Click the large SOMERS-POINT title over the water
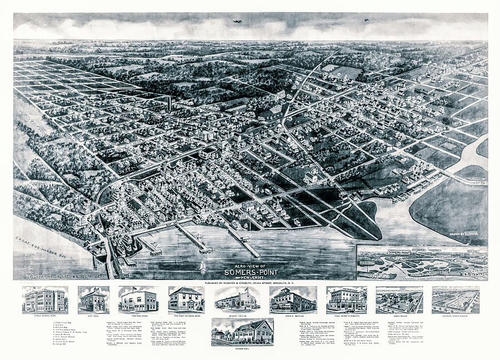pyautogui.click(x=248, y=272)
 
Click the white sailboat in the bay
pyautogui.click(x=203, y=267)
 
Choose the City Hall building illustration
pyautogui.click(x=93, y=301)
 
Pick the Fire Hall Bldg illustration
pyautogui.click(x=138, y=301)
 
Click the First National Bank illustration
pyautogui.click(x=186, y=299)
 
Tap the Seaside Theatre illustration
pyautogui.click(x=237, y=301)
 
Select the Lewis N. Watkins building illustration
pyautogui.click(x=293, y=301)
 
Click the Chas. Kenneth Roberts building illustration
pyautogui.click(x=346, y=300)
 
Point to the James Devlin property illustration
pyautogui.click(x=399, y=301)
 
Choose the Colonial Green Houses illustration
pyautogui.click(x=456, y=300)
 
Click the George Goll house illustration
pyautogui.click(x=242, y=332)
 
